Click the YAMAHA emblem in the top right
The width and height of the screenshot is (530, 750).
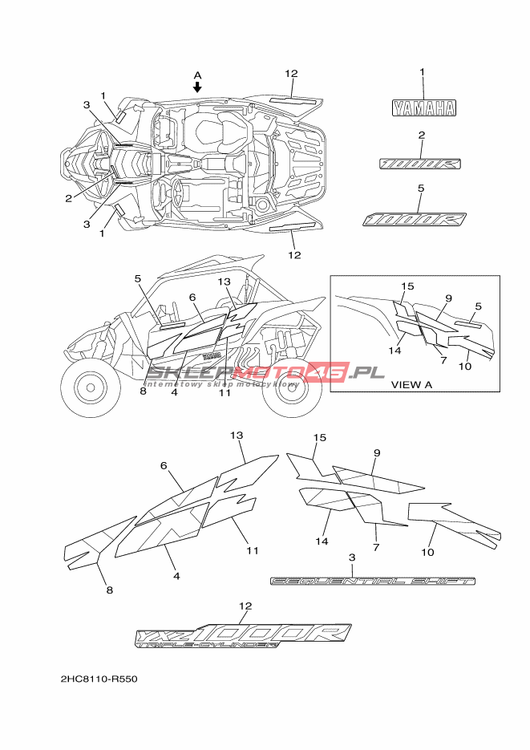click(x=423, y=107)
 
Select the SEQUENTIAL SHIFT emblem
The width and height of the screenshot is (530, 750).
click(x=373, y=580)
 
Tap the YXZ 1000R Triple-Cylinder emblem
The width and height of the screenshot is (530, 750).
click(x=244, y=634)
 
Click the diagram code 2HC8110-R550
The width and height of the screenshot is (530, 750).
click(x=99, y=679)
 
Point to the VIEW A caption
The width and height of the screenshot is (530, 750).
click(x=411, y=384)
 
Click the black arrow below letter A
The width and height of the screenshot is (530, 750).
click(x=198, y=86)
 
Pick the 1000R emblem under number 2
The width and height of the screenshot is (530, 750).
click(x=421, y=163)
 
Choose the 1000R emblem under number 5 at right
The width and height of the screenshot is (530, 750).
click(x=415, y=219)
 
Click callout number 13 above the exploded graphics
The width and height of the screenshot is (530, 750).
click(x=236, y=435)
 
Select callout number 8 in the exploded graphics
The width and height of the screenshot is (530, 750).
click(x=109, y=590)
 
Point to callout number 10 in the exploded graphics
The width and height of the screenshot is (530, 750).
click(x=427, y=552)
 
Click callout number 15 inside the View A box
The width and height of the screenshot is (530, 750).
click(x=407, y=286)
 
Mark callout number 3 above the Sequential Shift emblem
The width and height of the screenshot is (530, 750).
click(x=352, y=557)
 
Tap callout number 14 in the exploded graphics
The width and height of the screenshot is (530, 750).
click(x=322, y=541)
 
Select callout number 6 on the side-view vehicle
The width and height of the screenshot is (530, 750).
click(x=192, y=297)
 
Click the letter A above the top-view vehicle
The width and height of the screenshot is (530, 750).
click(x=198, y=75)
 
